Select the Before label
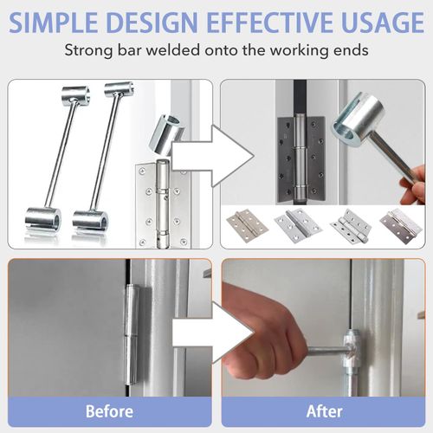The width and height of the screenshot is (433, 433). (110, 410)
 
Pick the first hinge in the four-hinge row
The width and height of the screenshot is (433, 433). (243, 224)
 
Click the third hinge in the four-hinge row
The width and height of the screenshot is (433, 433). (351, 224)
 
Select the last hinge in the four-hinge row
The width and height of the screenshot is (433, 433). (401, 224)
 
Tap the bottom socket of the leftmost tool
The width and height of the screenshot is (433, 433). (41, 219)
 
